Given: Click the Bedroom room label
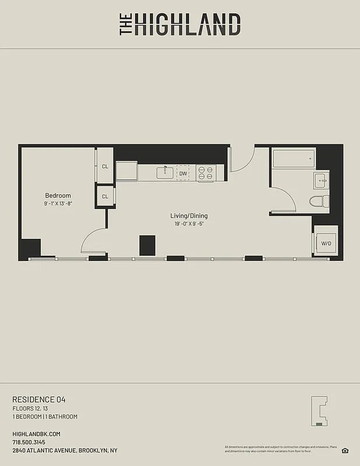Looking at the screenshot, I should pos(58,195).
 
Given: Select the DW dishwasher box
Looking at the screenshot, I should pos(183,173).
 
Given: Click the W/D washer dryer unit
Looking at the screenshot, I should pos(325,243).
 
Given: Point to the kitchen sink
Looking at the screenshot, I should pos(164,172).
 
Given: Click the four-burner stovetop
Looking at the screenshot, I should pos(206,173).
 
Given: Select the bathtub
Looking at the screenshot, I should pos(294,158).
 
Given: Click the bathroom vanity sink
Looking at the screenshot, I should pos(321,181).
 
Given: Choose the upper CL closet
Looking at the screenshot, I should pos(105,166).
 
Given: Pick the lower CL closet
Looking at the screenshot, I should pos(105,196).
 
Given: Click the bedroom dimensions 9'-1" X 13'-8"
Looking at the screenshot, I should pos(58,204).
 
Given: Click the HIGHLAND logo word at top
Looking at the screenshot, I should pos(187,25).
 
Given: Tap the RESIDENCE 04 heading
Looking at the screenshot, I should pos(39,400).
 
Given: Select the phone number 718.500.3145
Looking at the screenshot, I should pos(29,442).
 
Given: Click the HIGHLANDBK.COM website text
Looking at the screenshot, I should pos(36,434).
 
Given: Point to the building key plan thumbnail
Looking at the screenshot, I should pos(320,411).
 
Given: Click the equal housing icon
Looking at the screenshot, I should pos(345,450).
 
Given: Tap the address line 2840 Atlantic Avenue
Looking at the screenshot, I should pos(65,450).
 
